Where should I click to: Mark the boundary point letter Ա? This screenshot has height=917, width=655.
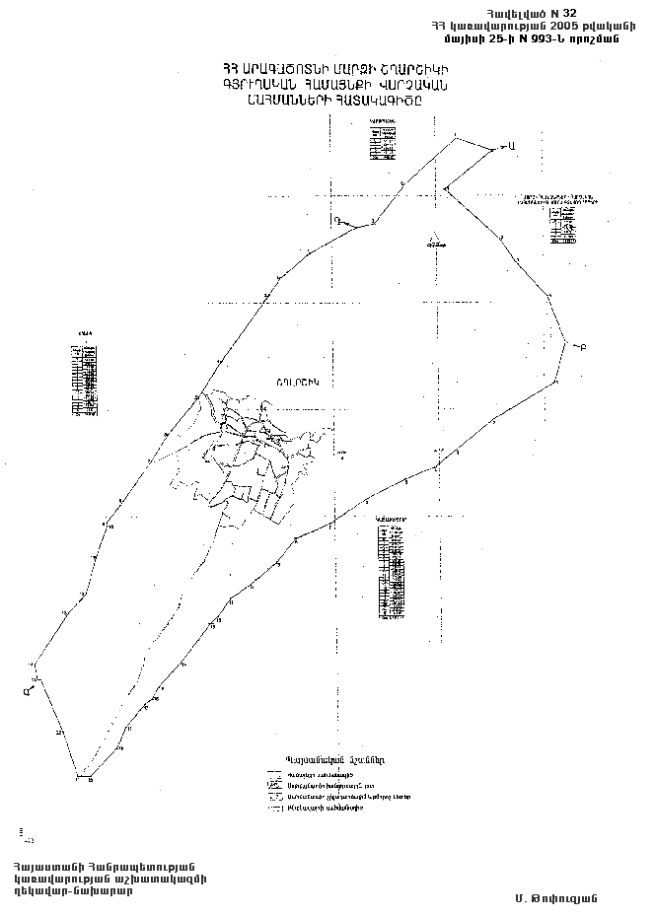513,146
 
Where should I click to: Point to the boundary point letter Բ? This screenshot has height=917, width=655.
583,347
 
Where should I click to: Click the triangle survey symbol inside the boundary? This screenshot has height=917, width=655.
433,239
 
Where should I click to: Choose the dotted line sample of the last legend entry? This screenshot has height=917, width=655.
275,808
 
